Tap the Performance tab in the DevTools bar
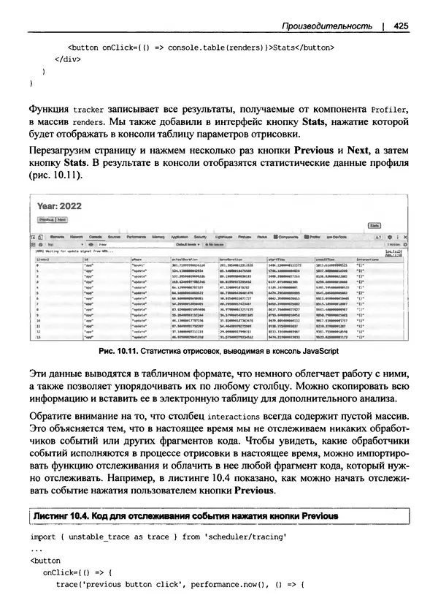click(137, 238)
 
